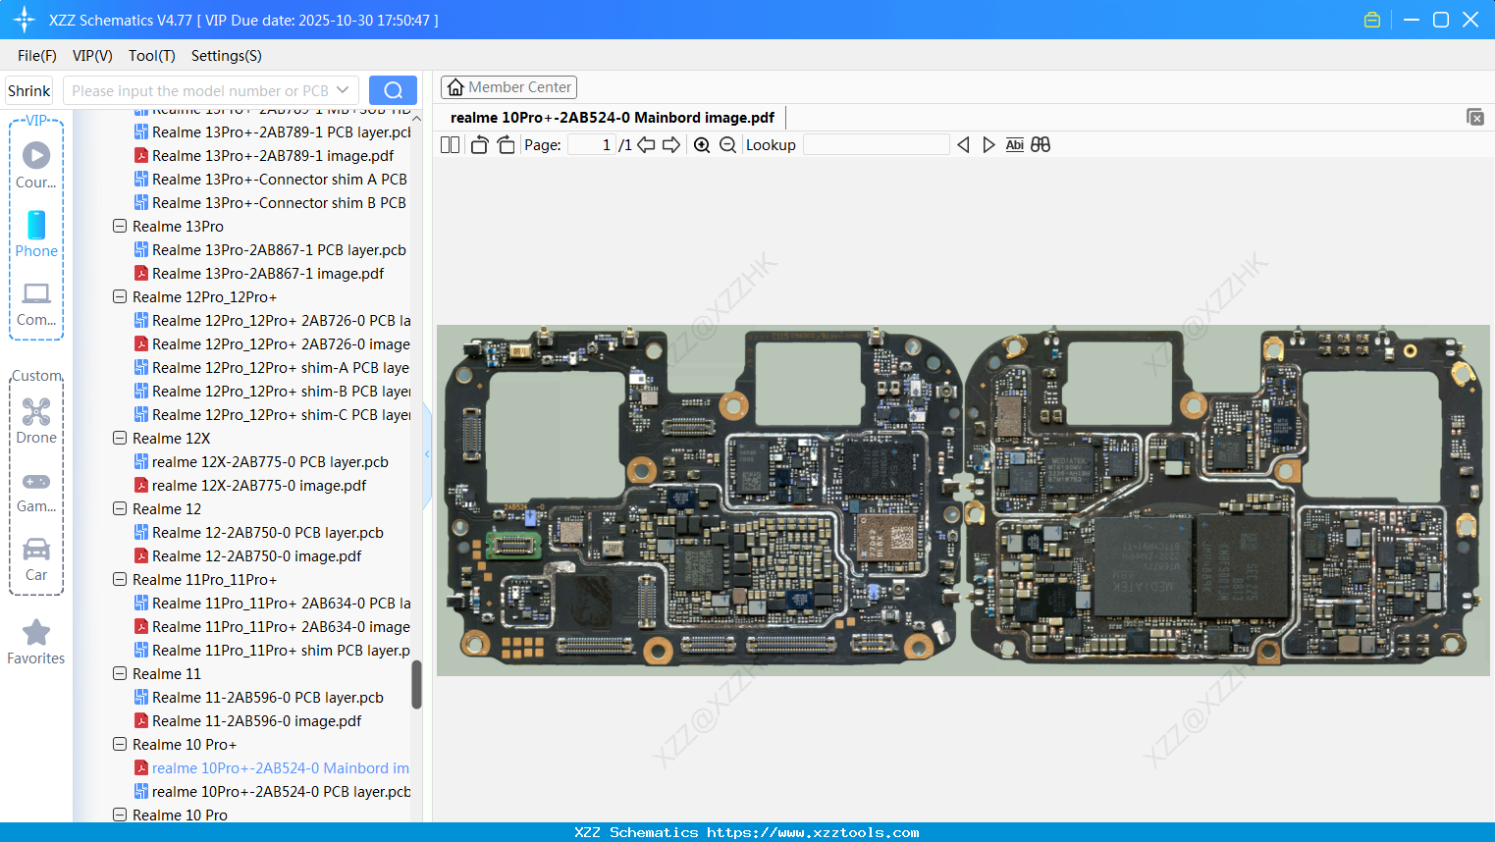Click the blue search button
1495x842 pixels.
coord(393,90)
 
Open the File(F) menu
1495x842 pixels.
coord(36,56)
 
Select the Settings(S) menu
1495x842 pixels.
coord(226,56)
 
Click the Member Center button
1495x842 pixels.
coord(508,87)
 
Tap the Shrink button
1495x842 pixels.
coord(28,90)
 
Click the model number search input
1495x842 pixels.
coord(200,90)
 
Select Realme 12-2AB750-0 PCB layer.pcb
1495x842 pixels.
coord(267,533)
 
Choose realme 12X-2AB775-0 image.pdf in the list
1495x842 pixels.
coord(258,486)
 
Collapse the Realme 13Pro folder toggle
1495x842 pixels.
coord(120,227)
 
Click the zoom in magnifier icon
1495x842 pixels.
coord(702,145)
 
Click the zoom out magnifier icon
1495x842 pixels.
coord(727,145)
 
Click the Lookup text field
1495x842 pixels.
coord(876,145)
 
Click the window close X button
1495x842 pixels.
coord(1470,20)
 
